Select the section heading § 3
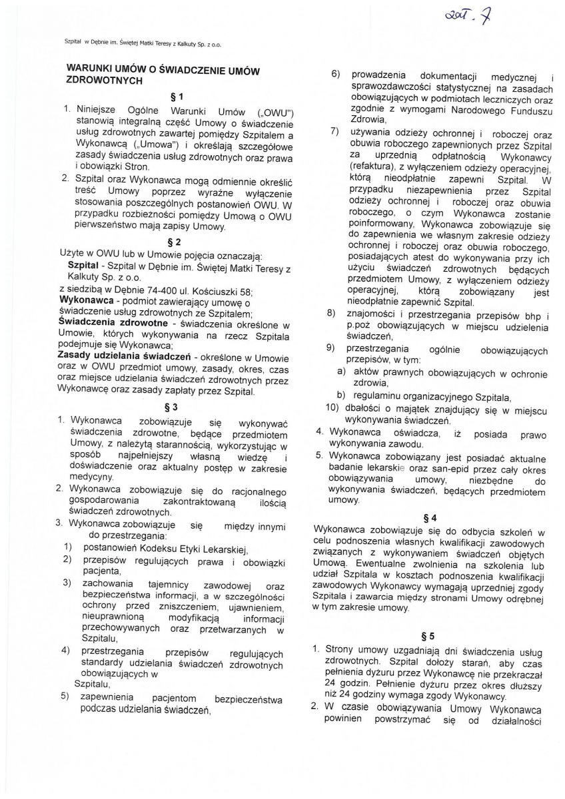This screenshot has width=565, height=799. coord(173,407)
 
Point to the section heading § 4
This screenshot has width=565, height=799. coord(430,517)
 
